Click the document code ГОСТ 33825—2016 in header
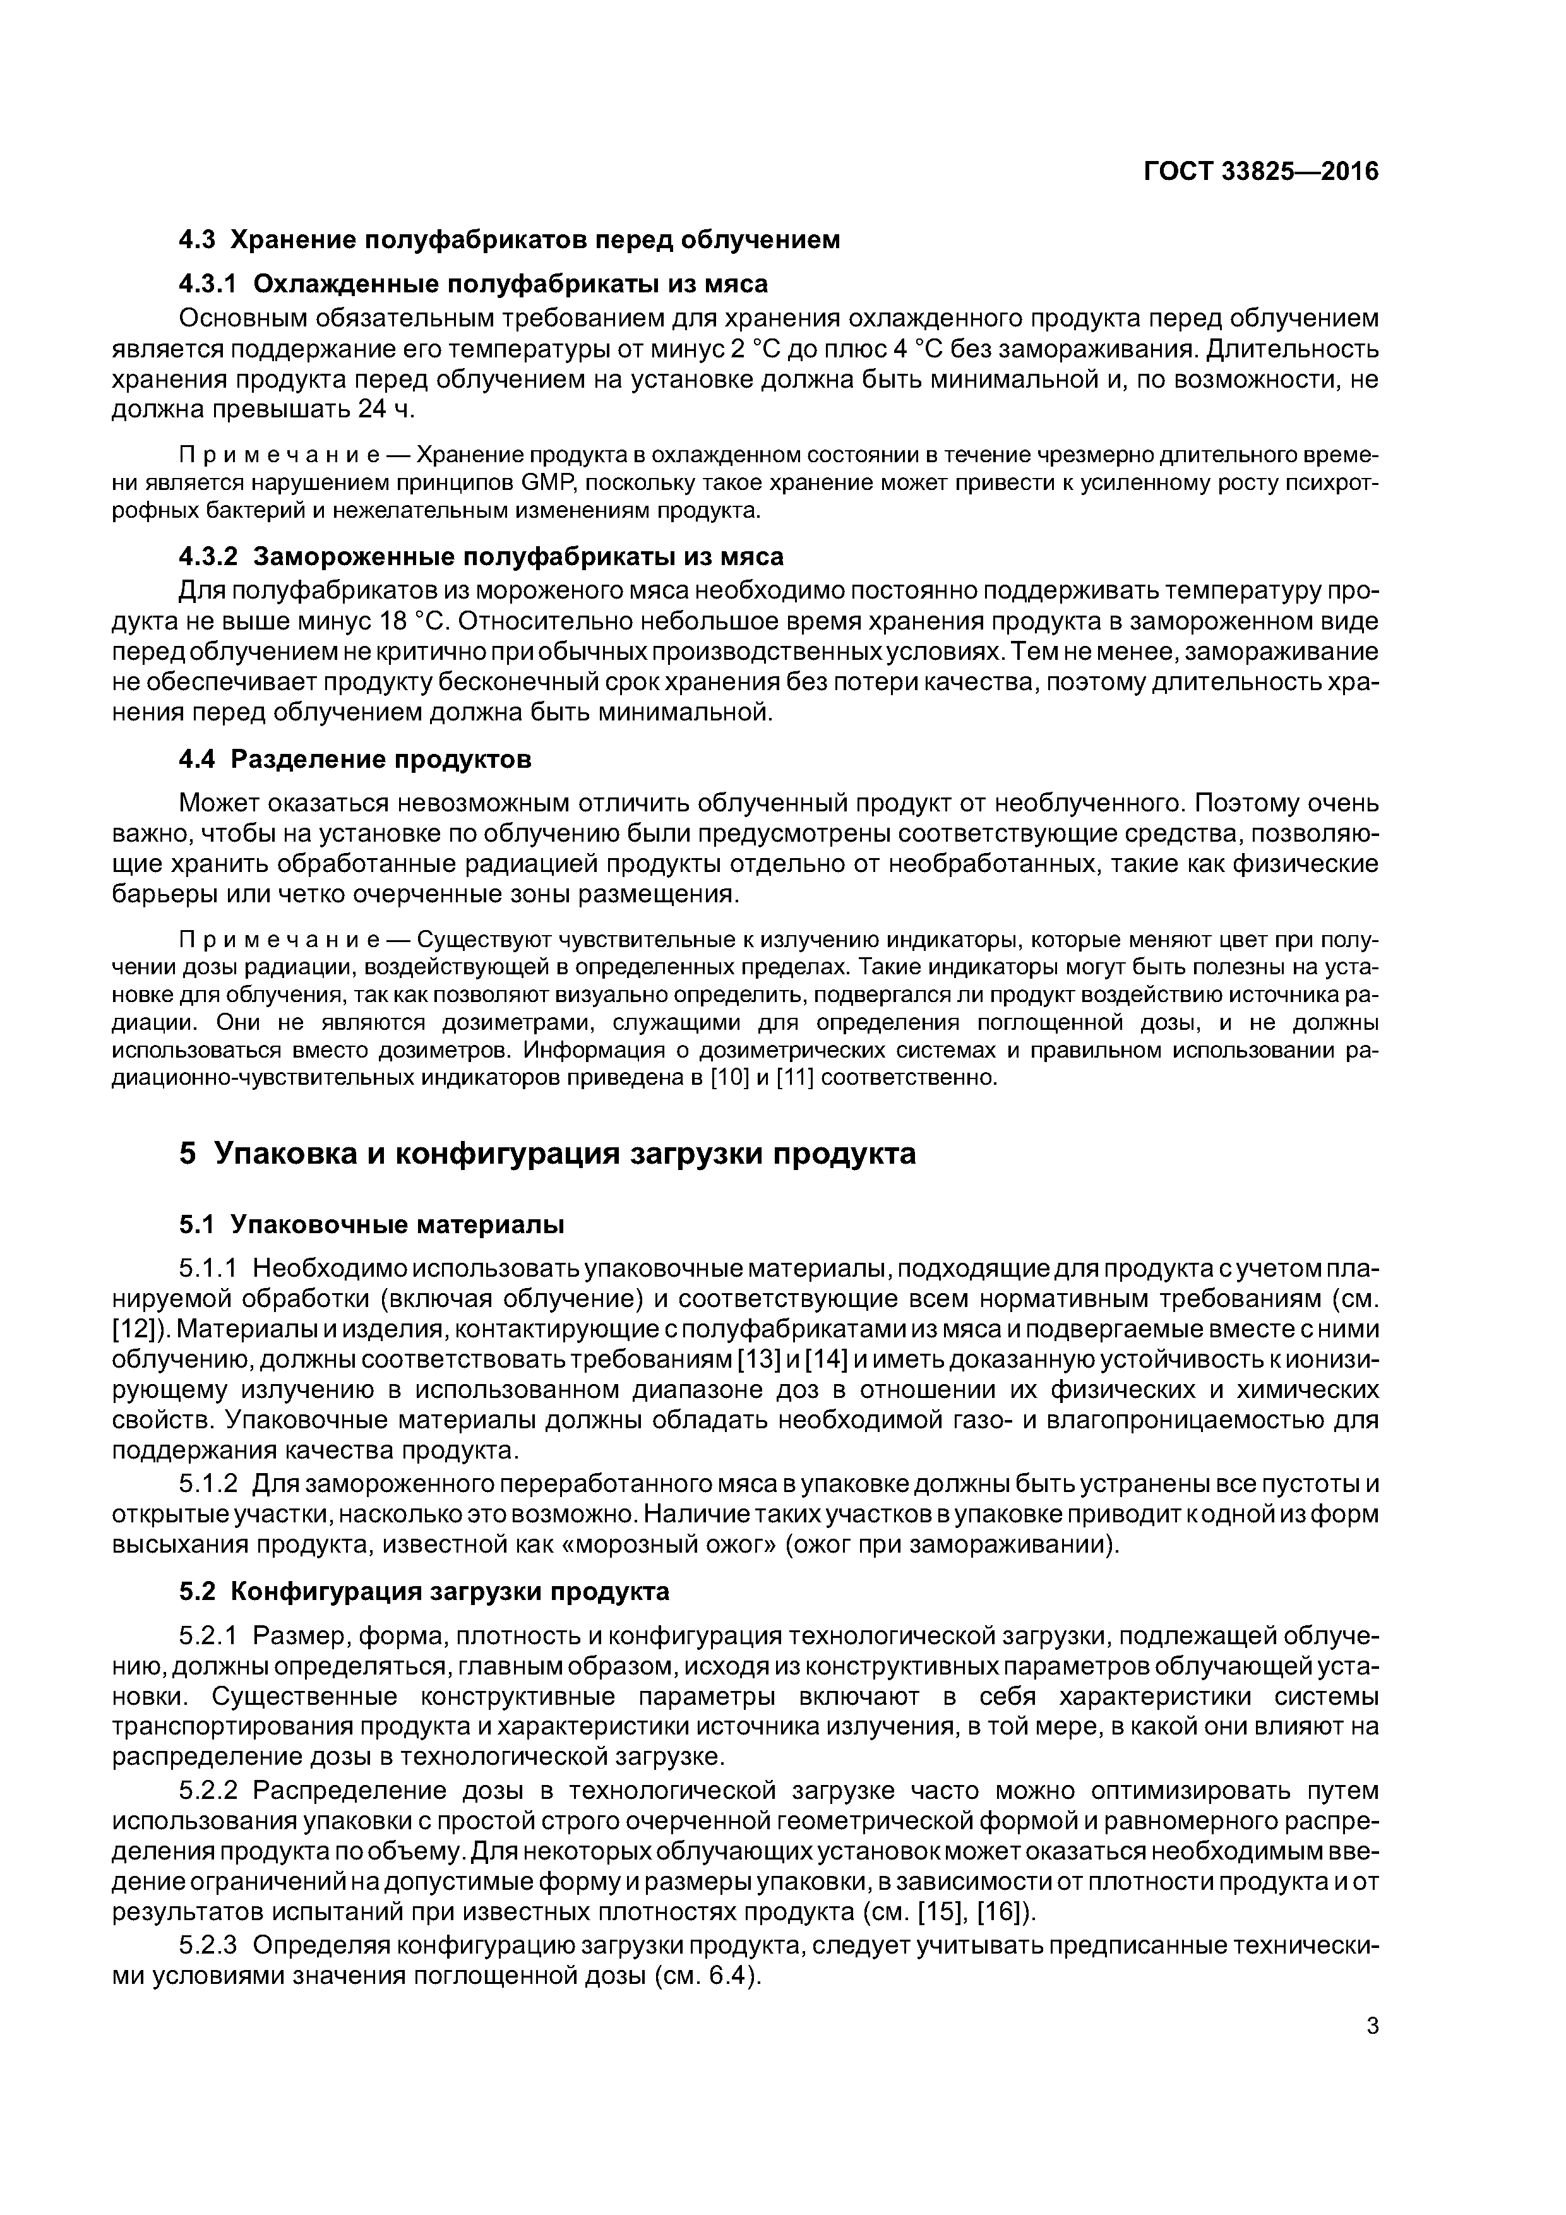point(1261,172)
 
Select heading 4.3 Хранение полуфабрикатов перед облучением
point(510,239)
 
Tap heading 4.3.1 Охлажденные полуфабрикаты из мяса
point(474,284)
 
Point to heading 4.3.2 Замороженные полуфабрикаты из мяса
point(481,557)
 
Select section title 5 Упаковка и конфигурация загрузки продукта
point(547,1154)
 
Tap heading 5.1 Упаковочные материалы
point(371,1224)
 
